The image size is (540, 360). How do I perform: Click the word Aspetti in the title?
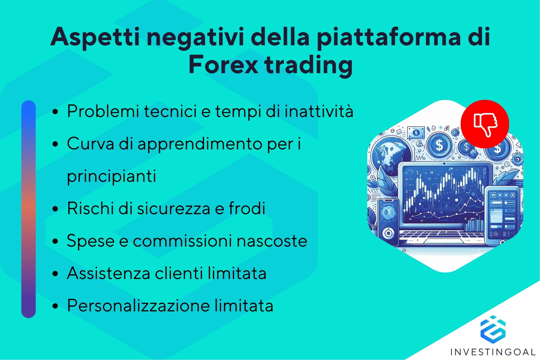click(95, 37)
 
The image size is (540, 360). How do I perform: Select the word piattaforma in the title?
click(388, 37)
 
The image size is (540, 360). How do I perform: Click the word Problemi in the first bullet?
click(103, 111)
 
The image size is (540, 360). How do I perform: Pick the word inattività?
click(319, 111)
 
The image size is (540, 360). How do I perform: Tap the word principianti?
click(111, 176)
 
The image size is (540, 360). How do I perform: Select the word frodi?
click(247, 208)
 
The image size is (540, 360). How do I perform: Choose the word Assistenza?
click(108, 273)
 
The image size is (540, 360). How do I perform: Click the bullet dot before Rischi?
click(55, 209)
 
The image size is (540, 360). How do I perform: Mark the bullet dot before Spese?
click(55, 241)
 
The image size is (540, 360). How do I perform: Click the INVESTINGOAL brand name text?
click(493, 352)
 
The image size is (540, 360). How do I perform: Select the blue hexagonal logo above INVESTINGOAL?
click(493, 329)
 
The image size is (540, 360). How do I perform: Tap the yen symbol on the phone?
click(388, 212)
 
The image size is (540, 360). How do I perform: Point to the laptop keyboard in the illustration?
click(441, 236)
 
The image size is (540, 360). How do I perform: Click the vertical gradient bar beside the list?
click(28, 209)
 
